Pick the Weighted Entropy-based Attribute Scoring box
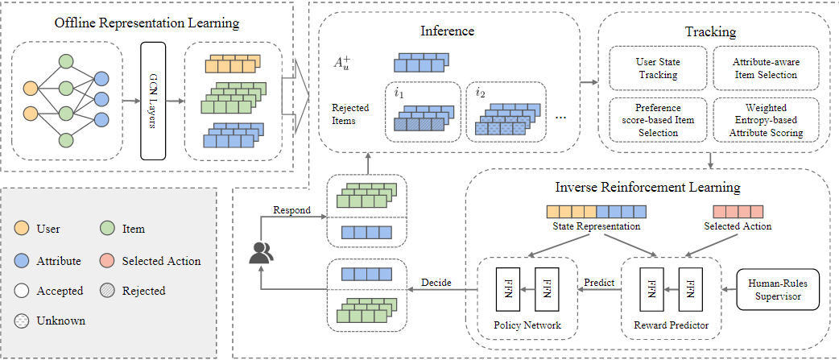[765, 119]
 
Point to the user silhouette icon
[260, 254]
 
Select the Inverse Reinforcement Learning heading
[647, 187]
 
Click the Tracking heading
[709, 32]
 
